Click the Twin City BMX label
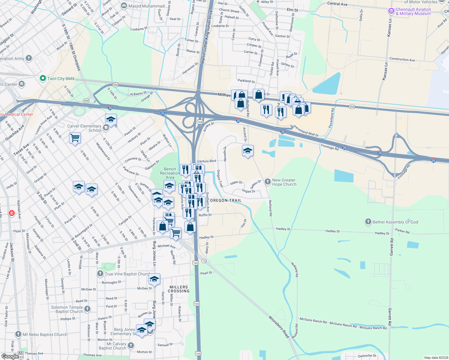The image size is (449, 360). point(61,79)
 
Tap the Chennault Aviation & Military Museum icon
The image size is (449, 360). point(391,11)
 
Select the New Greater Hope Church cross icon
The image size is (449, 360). point(267,181)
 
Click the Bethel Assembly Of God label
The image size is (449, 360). point(395,222)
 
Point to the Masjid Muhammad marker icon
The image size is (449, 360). point(124,6)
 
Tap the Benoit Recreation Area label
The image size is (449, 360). point(170,173)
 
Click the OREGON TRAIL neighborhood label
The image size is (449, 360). point(226,200)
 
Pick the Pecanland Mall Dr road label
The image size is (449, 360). point(306,131)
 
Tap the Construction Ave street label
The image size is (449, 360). point(402,59)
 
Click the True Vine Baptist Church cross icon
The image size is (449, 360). point(100,274)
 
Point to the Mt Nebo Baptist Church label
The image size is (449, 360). point(45,334)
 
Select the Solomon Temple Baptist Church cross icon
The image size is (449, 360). point(87,309)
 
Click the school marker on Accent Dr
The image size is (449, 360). point(248,151)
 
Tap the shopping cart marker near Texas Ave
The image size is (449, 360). point(75,138)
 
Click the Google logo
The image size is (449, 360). point(10,356)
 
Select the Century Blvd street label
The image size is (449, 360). point(206,161)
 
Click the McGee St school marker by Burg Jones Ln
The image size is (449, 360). point(154,279)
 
